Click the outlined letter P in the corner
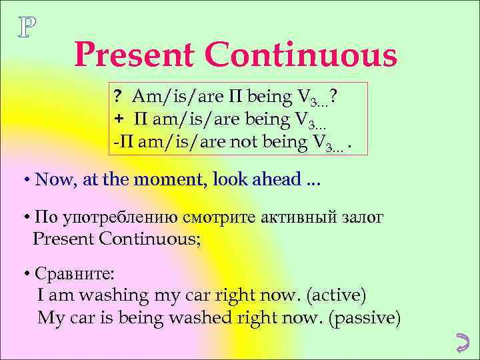pos(27,27)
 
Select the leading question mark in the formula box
pos(117,98)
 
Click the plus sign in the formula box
pos(117,119)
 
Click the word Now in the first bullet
pos(51,179)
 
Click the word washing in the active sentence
pos(110,295)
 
